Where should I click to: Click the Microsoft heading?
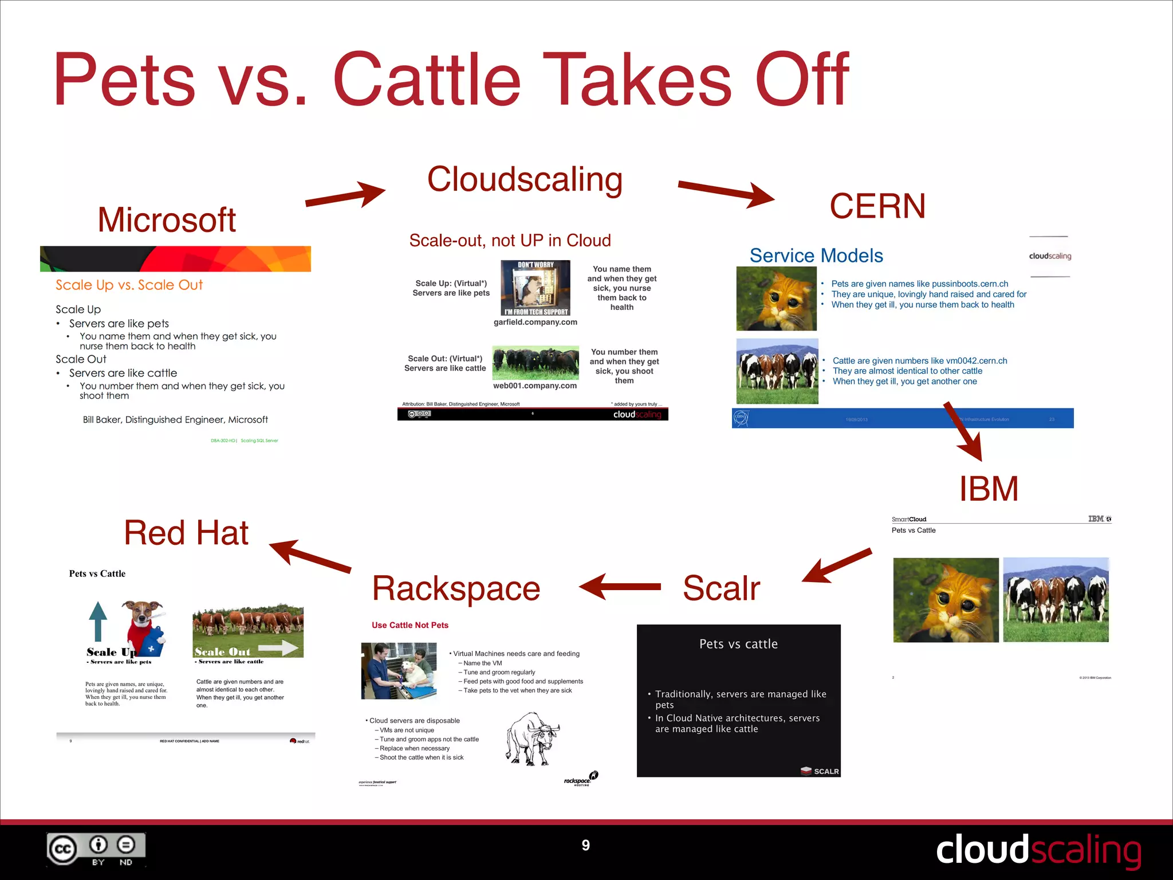click(167, 220)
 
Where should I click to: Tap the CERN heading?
click(877, 206)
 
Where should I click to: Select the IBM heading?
click(989, 489)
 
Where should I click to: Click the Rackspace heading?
click(456, 589)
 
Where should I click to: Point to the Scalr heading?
click(721, 588)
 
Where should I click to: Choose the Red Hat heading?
click(186, 533)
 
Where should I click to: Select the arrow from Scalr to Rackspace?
click(620, 587)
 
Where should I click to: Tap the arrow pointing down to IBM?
click(964, 433)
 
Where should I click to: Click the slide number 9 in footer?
click(585, 846)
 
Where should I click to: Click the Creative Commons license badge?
click(96, 850)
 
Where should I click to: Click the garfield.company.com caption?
click(536, 323)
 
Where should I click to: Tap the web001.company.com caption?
click(535, 386)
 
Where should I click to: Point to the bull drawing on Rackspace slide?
click(532, 739)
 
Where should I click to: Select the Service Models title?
click(816, 256)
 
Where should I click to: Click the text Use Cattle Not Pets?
click(410, 626)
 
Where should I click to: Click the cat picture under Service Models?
click(776, 299)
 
